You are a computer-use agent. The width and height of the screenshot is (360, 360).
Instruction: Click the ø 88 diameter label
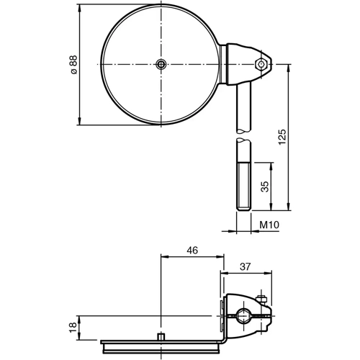pyautogui.click(x=73, y=64)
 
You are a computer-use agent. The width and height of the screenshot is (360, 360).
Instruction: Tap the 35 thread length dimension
pyautogui.click(x=264, y=186)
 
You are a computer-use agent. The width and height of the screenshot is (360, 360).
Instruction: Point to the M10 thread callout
pyautogui.click(x=269, y=226)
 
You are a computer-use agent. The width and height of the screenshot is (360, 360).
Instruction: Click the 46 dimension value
pyautogui.click(x=192, y=250)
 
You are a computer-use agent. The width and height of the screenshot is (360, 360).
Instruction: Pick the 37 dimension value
pyautogui.click(x=244, y=266)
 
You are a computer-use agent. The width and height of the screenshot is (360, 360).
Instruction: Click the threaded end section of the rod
pyautogui.click(x=243, y=187)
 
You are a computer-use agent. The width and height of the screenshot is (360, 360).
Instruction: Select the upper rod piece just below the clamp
pyautogui.click(x=242, y=104)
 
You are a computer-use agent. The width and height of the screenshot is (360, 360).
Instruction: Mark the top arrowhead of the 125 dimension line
pyautogui.click(x=288, y=68)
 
